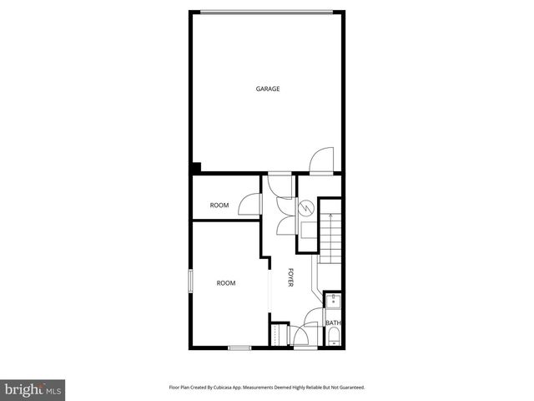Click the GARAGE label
pyautogui.click(x=267, y=89)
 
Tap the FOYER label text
pyautogui.click(x=290, y=277)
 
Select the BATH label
pyautogui.click(x=333, y=322)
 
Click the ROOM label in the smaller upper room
pyautogui.click(x=219, y=206)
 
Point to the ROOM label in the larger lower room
pyautogui.click(x=226, y=283)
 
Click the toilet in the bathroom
pyautogui.click(x=333, y=338)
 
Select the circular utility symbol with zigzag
pyautogui.click(x=306, y=206)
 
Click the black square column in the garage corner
pyautogui.click(x=195, y=167)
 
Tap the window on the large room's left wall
pyautogui.click(x=191, y=281)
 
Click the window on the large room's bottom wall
pyautogui.click(x=239, y=348)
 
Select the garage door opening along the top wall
pyautogui.click(x=267, y=12)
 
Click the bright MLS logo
pyautogui.click(x=33, y=389)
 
